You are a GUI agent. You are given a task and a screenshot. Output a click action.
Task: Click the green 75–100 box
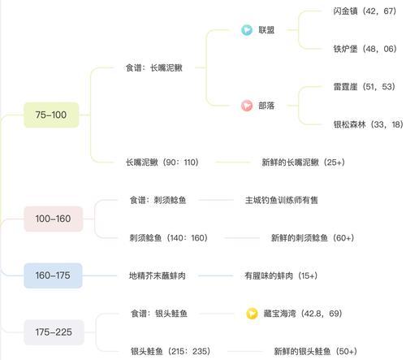[x=51, y=115]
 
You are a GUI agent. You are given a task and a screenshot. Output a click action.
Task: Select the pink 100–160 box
[x=53, y=219]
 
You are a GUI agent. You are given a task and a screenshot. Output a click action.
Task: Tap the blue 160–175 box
[x=53, y=275]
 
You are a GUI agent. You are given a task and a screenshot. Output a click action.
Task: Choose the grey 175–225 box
[x=54, y=332]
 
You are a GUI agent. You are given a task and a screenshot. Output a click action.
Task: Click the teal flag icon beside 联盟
[x=247, y=30]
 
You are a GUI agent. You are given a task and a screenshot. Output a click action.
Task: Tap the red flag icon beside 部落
[x=247, y=106]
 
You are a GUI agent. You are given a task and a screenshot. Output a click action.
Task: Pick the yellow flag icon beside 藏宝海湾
[x=252, y=314]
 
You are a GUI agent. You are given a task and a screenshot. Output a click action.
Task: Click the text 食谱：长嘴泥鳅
[x=154, y=67]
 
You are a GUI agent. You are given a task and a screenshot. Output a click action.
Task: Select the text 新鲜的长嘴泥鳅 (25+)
[x=303, y=163]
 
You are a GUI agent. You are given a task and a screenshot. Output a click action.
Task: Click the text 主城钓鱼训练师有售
[x=282, y=200]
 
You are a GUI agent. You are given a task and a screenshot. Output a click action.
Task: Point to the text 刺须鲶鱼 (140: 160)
[x=169, y=238]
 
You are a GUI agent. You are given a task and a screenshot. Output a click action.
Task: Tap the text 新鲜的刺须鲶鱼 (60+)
[x=313, y=238]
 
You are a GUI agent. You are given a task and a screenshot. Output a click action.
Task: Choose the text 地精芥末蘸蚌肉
[x=158, y=275]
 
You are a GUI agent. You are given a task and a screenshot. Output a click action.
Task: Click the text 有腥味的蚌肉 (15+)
[x=281, y=275]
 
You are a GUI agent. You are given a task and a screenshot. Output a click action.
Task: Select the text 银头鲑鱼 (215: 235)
[x=171, y=351]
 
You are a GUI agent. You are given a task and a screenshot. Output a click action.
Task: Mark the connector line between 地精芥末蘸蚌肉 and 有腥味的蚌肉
[x=215, y=275]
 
